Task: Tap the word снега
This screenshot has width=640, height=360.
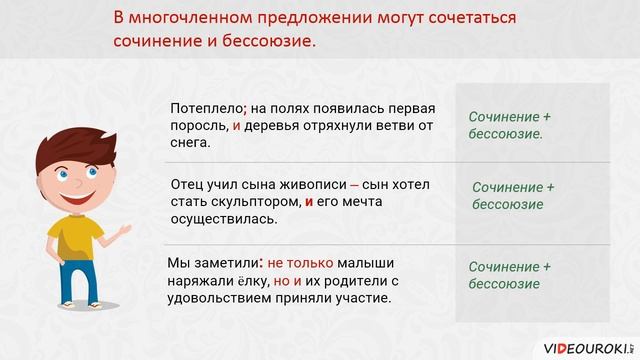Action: [x=191, y=144]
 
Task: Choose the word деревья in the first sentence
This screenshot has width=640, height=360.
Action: [x=276, y=126]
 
